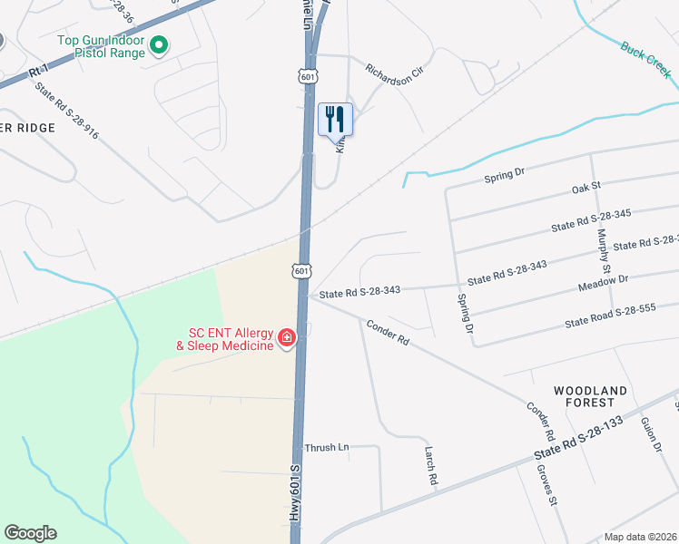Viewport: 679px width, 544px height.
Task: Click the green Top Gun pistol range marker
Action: click(x=159, y=44)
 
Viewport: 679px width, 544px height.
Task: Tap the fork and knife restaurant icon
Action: click(x=335, y=117)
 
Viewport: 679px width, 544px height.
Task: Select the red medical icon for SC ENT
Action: click(x=287, y=338)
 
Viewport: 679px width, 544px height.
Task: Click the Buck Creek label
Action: click(x=645, y=56)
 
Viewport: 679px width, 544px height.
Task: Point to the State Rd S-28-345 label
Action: click(x=591, y=219)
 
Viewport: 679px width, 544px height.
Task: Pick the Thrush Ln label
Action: click(x=327, y=448)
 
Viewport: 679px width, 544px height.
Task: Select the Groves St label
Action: click(x=548, y=486)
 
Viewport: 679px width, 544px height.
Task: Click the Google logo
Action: click(x=30, y=534)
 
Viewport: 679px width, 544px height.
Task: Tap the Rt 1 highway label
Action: click(x=37, y=70)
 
